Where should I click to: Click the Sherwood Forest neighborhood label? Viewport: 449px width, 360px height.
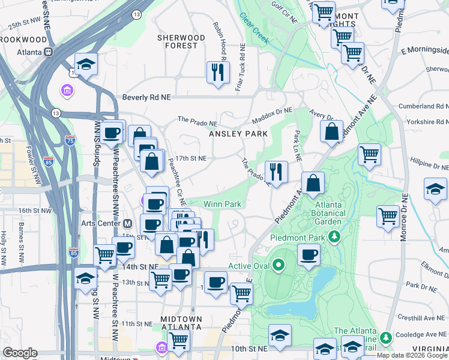tap(181, 41)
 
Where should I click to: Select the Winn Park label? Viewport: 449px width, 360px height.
tap(222, 204)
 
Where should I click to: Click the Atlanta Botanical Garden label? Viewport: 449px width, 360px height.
tap(330, 212)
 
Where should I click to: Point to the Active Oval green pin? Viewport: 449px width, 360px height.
tap(279, 265)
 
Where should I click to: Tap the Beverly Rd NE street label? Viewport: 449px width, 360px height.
tap(147, 97)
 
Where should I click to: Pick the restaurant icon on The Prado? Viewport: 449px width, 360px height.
tap(276, 172)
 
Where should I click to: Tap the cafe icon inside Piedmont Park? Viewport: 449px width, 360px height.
tap(309, 254)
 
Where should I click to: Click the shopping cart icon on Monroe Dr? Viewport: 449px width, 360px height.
tap(388, 215)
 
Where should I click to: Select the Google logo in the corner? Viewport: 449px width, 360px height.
tap(20, 353)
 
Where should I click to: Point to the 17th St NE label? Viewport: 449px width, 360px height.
tap(191, 158)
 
